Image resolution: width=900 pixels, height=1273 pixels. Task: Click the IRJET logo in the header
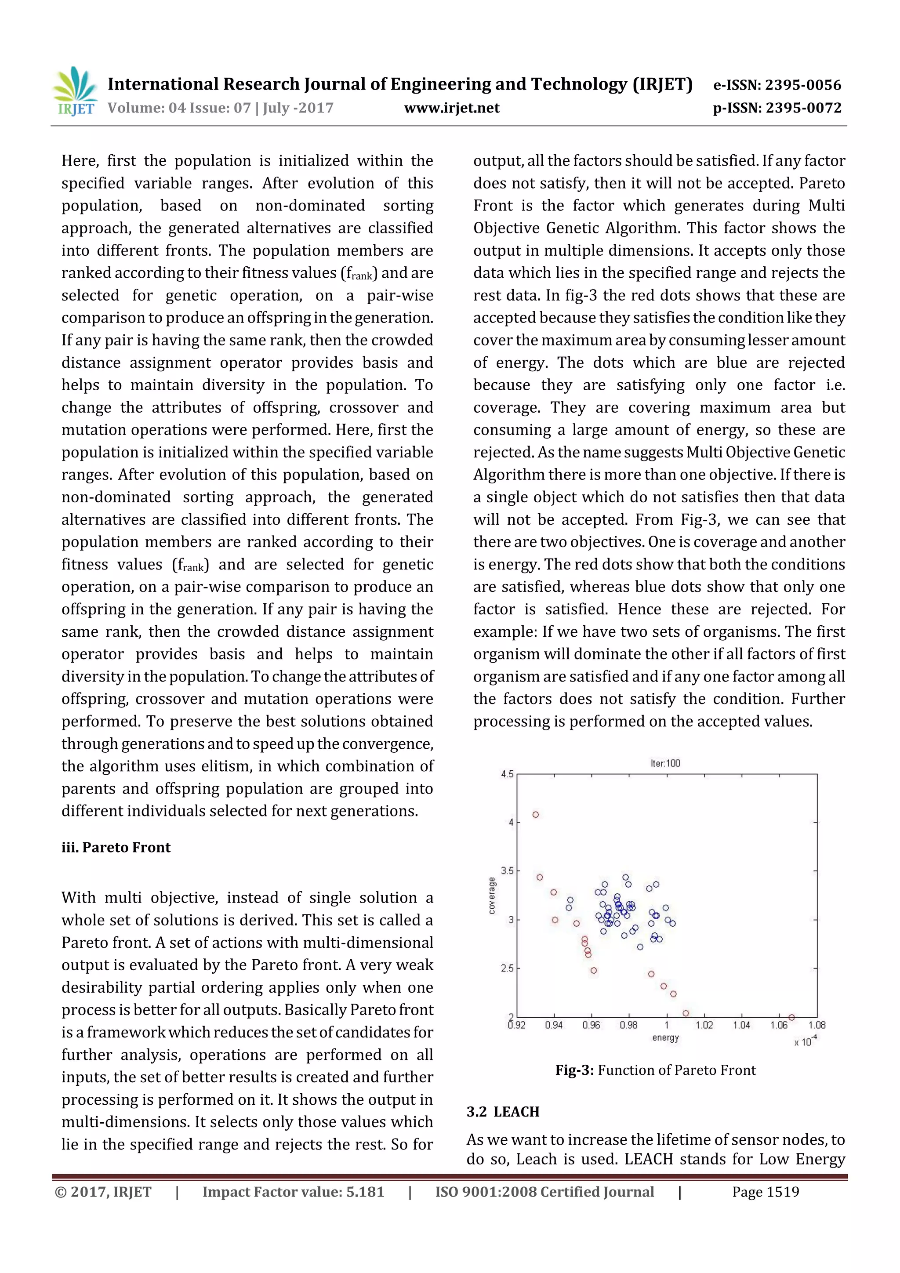click(76, 91)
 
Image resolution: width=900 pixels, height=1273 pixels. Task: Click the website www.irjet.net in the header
click(451, 108)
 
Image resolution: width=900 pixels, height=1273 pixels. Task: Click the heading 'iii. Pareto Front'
click(116, 847)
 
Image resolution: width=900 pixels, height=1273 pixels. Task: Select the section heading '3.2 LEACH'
click(503, 1112)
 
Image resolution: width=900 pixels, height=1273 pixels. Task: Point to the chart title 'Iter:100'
click(665, 763)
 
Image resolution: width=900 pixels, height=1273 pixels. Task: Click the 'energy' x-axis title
click(665, 1038)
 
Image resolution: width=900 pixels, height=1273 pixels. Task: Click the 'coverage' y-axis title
click(492, 896)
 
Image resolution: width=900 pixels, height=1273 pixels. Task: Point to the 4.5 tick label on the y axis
click(508, 774)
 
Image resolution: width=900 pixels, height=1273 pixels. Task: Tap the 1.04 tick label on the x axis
click(741, 1025)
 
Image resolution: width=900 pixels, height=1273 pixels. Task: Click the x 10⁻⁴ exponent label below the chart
click(806, 1041)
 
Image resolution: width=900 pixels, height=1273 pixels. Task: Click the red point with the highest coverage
click(536, 815)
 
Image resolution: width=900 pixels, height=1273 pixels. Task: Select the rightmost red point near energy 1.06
click(792, 1017)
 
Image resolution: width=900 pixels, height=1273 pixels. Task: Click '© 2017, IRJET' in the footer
click(103, 1192)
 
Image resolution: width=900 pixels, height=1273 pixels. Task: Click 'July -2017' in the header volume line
click(298, 108)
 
